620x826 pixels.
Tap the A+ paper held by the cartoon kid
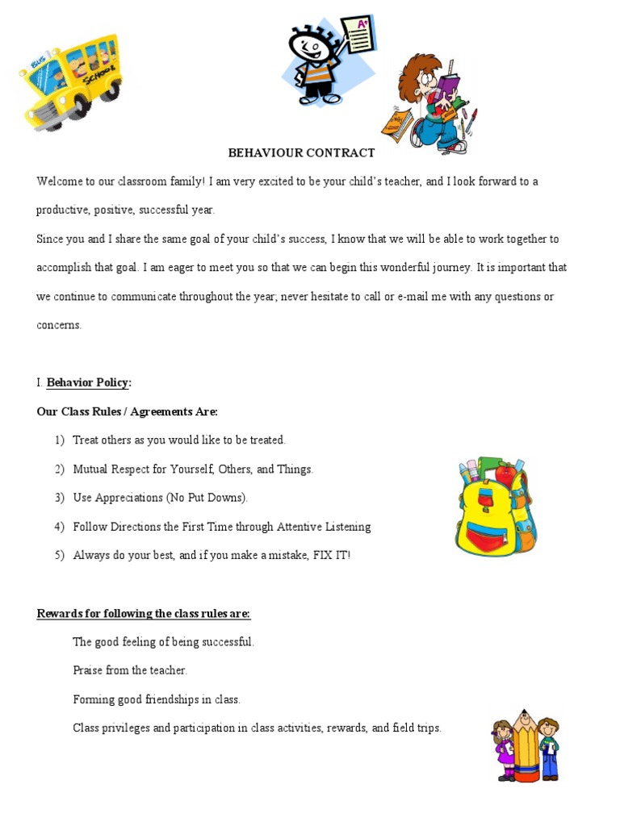357,34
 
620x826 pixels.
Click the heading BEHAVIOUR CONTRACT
301,152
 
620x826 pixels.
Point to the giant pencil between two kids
526,745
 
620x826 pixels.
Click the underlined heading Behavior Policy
88,382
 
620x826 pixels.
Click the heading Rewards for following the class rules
144,614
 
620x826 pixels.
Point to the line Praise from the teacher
130,670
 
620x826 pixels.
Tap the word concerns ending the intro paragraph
59,326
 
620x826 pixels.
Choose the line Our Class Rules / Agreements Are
127,411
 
